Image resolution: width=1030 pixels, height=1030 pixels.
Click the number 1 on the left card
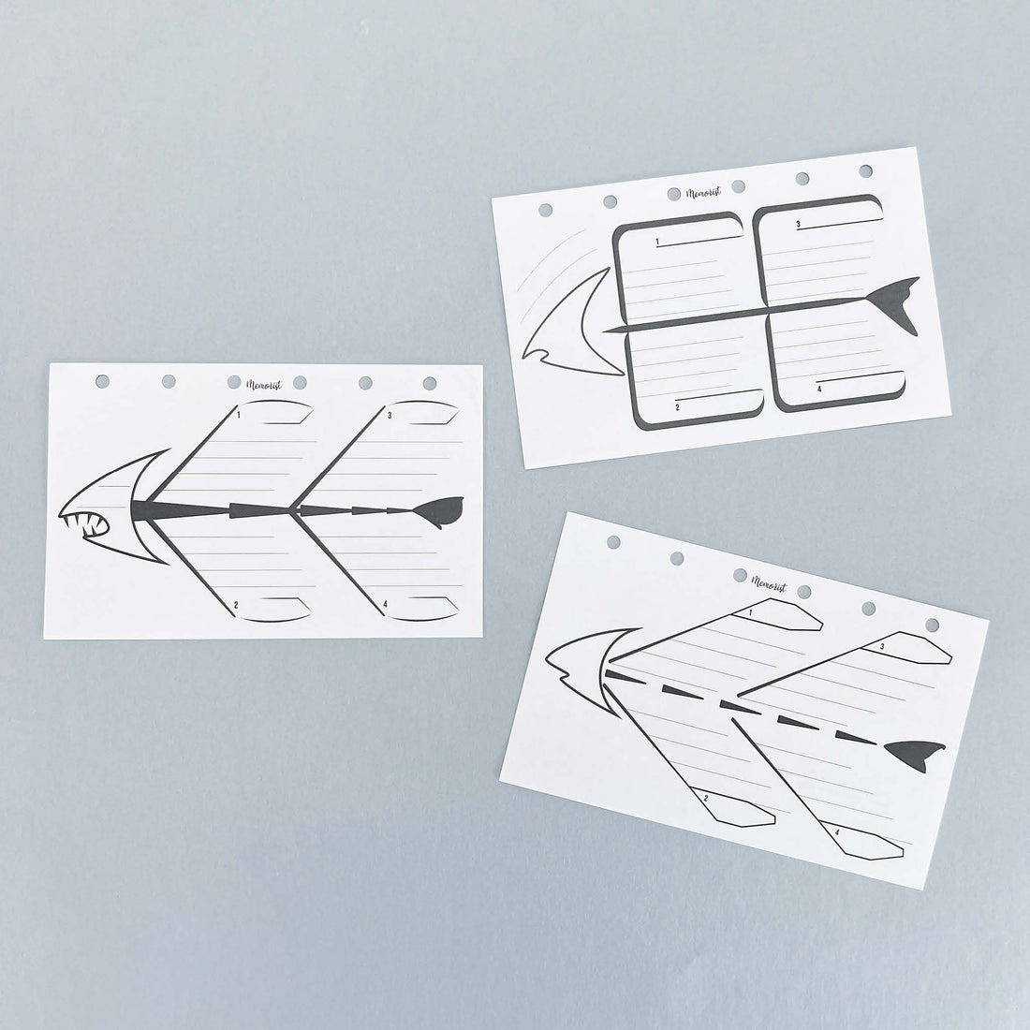pyautogui.click(x=239, y=415)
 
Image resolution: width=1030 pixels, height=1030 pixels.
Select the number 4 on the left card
pyautogui.click(x=385, y=604)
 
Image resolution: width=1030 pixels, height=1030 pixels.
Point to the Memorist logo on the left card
pyautogui.click(x=264, y=385)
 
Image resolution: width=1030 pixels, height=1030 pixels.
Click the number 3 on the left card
pyautogui.click(x=390, y=415)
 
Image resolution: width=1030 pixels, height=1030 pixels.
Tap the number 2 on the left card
pyautogui.click(x=236, y=604)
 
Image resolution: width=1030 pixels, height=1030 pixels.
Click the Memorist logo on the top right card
pyautogui.click(x=703, y=193)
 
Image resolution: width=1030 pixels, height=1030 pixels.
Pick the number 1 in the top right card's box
pyautogui.click(x=657, y=243)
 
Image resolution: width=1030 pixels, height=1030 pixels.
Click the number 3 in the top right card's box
pyautogui.click(x=798, y=224)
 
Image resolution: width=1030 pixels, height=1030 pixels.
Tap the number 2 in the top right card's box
pyautogui.click(x=677, y=407)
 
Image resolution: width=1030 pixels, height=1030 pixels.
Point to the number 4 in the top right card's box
pyautogui.click(x=819, y=389)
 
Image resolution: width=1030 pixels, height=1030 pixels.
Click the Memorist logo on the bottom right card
pyautogui.click(x=769, y=583)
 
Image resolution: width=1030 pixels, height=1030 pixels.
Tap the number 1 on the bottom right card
pyautogui.click(x=750, y=613)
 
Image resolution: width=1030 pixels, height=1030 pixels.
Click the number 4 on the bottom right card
pyautogui.click(x=837, y=832)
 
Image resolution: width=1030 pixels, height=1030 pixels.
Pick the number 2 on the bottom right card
pyautogui.click(x=705, y=798)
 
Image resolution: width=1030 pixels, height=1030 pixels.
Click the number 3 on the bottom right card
pyautogui.click(x=881, y=647)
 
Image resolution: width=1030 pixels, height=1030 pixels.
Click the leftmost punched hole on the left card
pyautogui.click(x=102, y=381)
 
